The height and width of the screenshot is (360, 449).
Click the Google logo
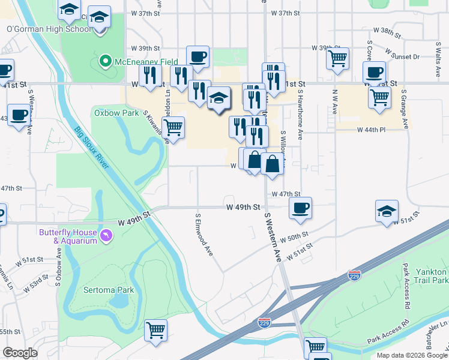tap(20, 353)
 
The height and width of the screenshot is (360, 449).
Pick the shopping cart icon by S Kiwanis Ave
tap(173, 127)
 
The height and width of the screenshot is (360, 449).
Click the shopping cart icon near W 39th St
tap(338, 58)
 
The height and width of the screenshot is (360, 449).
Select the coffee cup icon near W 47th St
tap(300, 208)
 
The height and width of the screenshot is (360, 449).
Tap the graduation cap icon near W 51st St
tap(387, 211)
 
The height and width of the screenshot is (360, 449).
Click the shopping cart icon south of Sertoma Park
tap(156, 329)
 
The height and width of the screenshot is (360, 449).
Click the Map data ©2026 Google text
tap(412, 355)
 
